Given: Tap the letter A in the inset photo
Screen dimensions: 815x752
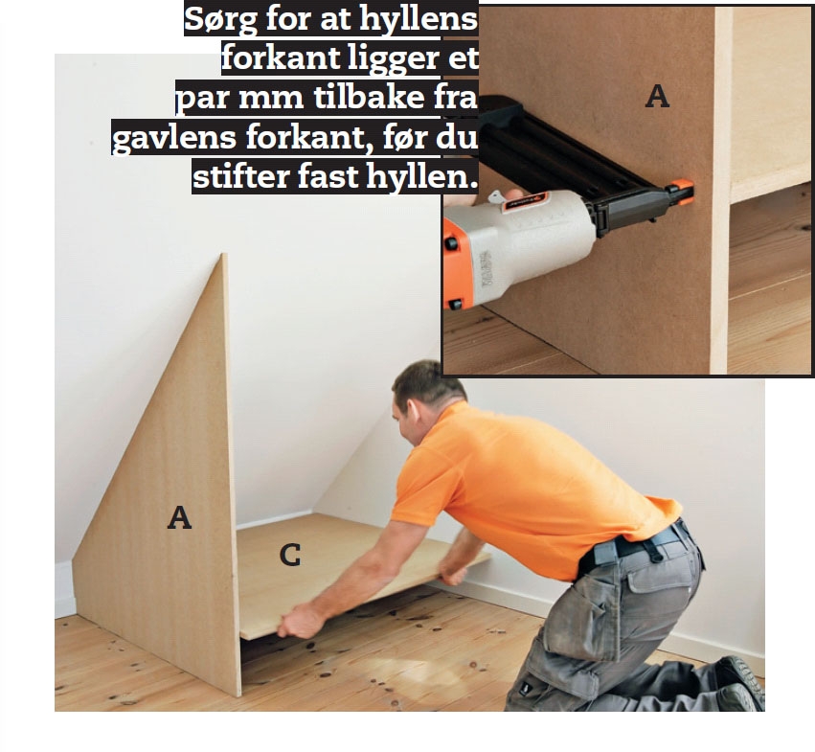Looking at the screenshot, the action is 657,96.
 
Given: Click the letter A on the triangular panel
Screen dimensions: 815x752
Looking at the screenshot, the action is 179,517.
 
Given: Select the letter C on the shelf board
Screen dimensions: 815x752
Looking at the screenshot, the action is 290,555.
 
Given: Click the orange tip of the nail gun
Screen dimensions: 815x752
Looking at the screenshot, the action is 682,192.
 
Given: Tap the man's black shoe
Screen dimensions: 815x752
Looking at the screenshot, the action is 740,681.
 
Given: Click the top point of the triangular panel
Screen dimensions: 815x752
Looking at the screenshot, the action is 224,254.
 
